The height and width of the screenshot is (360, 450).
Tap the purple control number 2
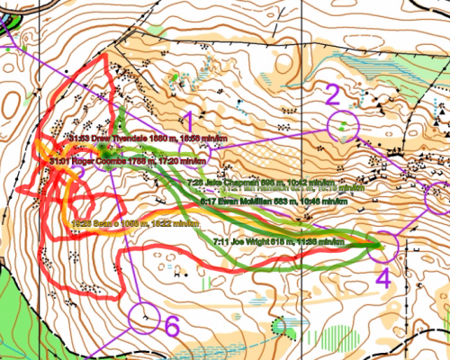point(333,94)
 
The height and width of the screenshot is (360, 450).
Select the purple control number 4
point(383,277)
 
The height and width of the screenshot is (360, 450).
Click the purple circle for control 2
point(344,126)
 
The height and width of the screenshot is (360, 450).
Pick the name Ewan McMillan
point(242,202)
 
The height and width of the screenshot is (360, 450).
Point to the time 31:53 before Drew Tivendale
point(77,138)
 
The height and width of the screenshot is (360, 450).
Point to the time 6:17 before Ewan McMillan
point(208,202)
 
